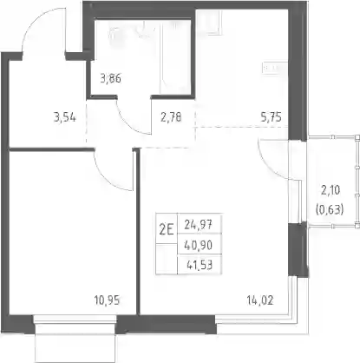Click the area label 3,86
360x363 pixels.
(x=110, y=78)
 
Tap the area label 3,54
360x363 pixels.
(x=65, y=117)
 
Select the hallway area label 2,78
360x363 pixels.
(x=171, y=117)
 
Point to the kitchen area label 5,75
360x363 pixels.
(x=271, y=117)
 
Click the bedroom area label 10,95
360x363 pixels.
(x=107, y=300)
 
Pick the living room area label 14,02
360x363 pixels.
(x=260, y=300)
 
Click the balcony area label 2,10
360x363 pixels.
(x=331, y=190)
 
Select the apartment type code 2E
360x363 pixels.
(x=167, y=230)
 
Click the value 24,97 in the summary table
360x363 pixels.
(x=199, y=225)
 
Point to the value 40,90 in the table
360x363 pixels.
(x=199, y=246)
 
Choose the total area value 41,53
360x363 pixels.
(x=200, y=265)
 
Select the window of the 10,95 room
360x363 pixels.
(x=75, y=320)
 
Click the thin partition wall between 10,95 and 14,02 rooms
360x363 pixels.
(x=138, y=232)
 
